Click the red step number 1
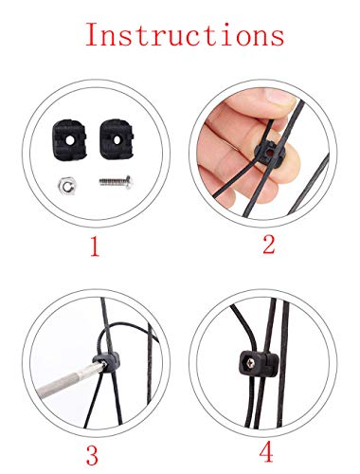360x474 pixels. coord(94,249)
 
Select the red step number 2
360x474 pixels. coord(269,245)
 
